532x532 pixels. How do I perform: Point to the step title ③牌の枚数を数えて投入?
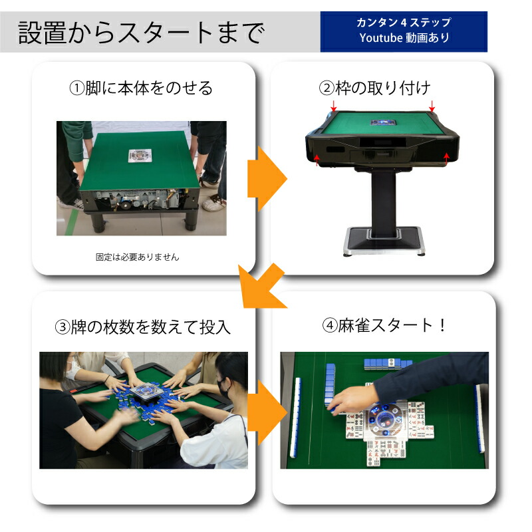point(142,327)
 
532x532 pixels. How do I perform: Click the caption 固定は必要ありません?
point(138,256)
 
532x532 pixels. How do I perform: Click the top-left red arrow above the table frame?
point(334,108)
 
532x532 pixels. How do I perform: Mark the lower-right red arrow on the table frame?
point(446,157)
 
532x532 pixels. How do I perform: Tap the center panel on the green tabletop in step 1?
point(140,154)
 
